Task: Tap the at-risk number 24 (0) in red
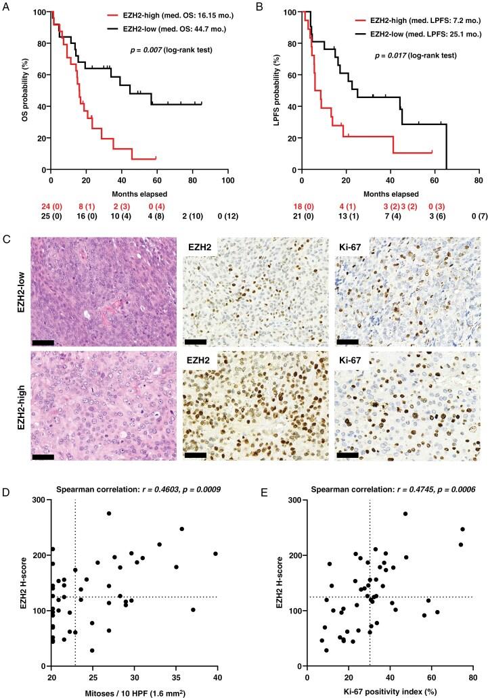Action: pos(50,204)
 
